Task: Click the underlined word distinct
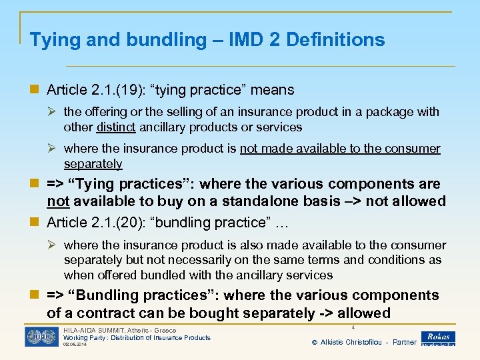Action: [x=115, y=127]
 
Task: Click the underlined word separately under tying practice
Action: [x=93, y=163]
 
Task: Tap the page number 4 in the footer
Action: [x=351, y=328]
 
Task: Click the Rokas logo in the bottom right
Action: [x=438, y=338]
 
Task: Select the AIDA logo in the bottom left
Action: [x=41, y=337]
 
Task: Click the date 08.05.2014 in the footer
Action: [x=76, y=345]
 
